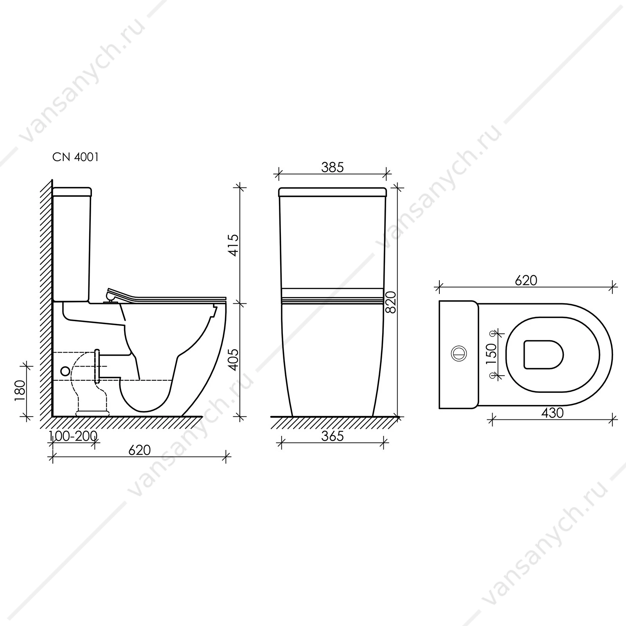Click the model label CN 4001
pos(76,157)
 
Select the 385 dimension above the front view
pos(332,167)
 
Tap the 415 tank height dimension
pos(234,245)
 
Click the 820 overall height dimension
pos(392,302)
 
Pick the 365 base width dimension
pos(332,436)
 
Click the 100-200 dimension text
pos(74,436)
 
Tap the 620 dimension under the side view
pos(140,450)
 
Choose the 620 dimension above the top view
pos(526,280)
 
